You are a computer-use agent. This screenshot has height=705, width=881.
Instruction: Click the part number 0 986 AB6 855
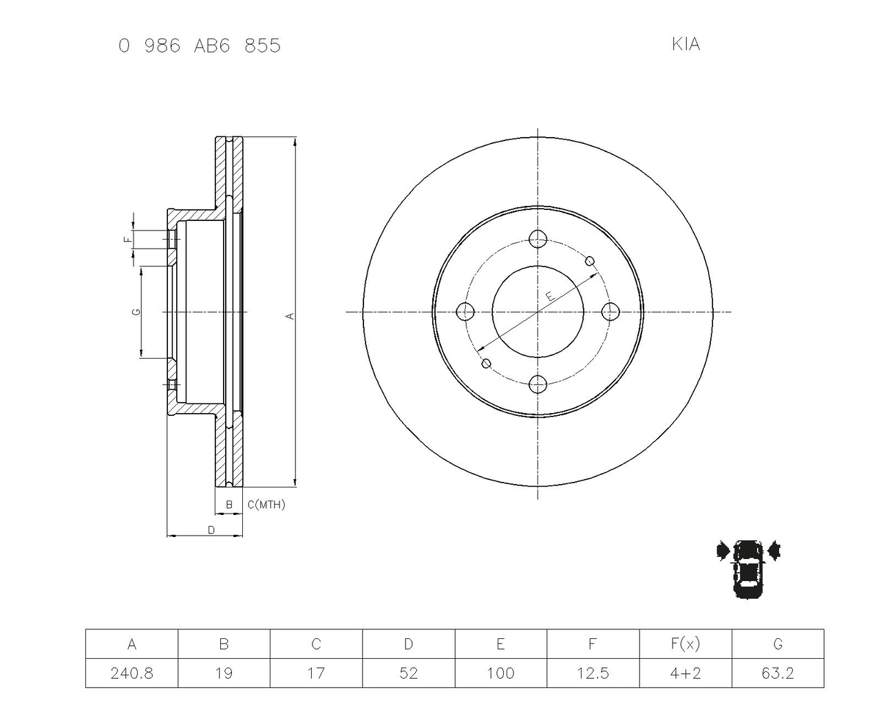pyautogui.click(x=200, y=46)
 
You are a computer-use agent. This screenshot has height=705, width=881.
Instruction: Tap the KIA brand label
pyautogui.click(x=686, y=44)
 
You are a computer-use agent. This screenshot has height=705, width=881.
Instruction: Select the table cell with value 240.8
pyautogui.click(x=131, y=673)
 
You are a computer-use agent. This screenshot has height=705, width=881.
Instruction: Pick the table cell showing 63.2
pyautogui.click(x=777, y=673)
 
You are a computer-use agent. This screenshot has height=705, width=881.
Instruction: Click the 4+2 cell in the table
pyautogui.click(x=685, y=673)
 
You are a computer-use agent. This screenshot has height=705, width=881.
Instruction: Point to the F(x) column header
pyautogui.click(x=685, y=644)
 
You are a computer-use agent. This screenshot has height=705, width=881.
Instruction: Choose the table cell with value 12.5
pyautogui.click(x=593, y=673)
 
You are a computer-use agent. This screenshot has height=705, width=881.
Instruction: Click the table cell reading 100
pyautogui.click(x=500, y=673)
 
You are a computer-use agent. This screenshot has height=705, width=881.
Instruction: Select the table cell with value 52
pyautogui.click(x=408, y=673)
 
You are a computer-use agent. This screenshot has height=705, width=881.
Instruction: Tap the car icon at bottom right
pyautogui.click(x=748, y=568)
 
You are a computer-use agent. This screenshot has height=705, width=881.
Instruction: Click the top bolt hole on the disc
pyautogui.click(x=538, y=240)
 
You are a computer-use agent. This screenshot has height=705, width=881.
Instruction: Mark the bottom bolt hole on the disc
pyautogui.click(x=538, y=383)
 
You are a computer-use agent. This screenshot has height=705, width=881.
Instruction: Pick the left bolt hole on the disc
pyautogui.click(x=466, y=311)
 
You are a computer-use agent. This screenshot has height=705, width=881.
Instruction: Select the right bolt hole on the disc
pyautogui.click(x=610, y=311)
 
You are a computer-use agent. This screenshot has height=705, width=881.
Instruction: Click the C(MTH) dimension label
pyautogui.click(x=266, y=505)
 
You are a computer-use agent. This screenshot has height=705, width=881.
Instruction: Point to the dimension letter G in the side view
pyautogui.click(x=137, y=312)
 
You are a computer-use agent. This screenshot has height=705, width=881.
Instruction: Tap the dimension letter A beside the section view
pyautogui.click(x=290, y=316)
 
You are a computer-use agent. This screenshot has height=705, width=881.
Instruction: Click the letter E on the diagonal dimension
pyautogui.click(x=549, y=296)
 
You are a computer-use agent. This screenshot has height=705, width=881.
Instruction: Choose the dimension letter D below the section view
pyautogui.click(x=211, y=529)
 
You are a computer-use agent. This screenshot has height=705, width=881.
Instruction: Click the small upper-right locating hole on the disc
pyautogui.click(x=590, y=261)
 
